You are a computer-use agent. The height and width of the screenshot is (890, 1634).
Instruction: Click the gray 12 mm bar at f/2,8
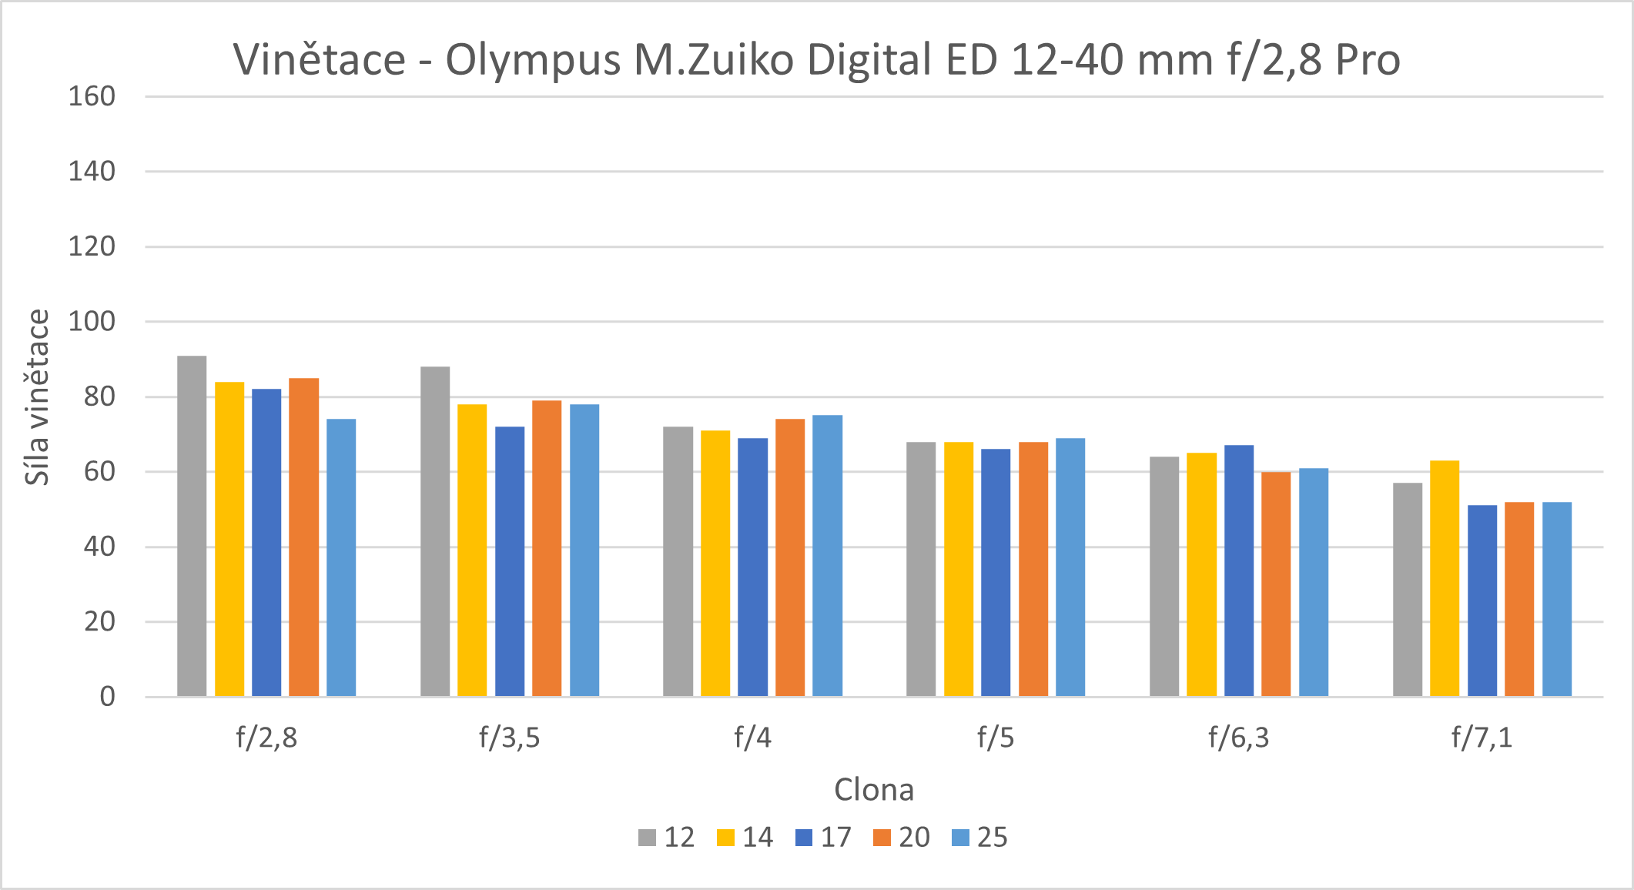click(192, 527)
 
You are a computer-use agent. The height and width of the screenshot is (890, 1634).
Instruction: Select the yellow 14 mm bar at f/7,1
click(1445, 579)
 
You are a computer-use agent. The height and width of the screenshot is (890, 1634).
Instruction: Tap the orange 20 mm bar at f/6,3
click(1276, 584)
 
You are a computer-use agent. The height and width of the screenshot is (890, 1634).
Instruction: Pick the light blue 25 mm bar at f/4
click(827, 556)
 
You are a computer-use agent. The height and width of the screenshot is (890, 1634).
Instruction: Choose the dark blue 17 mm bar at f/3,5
click(510, 562)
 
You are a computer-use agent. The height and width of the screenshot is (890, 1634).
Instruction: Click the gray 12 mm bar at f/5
click(921, 570)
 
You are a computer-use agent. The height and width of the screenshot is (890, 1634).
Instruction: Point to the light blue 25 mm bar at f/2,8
click(341, 558)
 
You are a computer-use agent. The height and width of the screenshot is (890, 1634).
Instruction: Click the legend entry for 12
click(667, 838)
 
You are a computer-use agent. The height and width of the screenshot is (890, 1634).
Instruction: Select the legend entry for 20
click(902, 838)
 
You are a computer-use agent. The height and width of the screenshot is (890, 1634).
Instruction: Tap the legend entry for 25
click(979, 838)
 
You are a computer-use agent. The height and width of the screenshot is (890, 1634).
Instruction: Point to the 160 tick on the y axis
click(92, 97)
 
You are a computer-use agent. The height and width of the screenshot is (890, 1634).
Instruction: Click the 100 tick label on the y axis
click(92, 322)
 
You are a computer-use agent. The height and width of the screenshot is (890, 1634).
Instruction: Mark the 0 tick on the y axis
click(107, 697)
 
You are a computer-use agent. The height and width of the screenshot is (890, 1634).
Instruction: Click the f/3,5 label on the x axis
click(509, 738)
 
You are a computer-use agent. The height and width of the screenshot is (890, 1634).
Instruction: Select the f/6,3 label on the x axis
click(1238, 738)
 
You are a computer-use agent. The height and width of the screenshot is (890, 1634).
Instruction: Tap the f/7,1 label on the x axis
click(1482, 738)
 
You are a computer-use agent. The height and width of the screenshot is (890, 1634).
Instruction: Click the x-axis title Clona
click(874, 790)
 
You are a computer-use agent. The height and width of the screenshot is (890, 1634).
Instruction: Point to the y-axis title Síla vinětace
click(37, 397)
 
